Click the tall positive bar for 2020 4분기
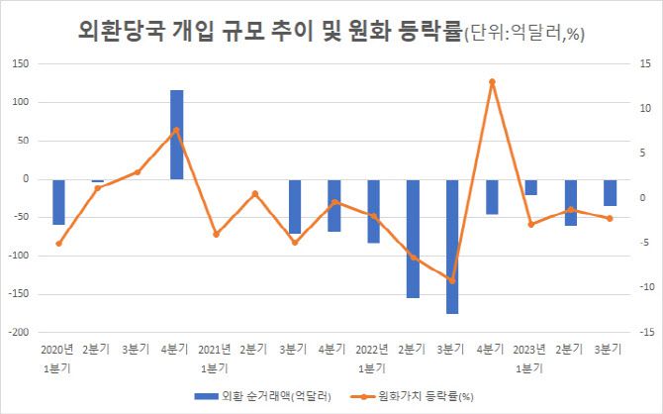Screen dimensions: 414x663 coord(176,135)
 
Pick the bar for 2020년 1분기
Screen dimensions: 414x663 coord(58,202)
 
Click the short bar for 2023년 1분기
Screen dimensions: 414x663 coord(531,187)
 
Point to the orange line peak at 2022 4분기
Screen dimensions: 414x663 coord(492,81)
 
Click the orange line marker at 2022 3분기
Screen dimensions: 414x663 coord(452,280)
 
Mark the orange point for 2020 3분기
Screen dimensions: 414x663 coord(138,172)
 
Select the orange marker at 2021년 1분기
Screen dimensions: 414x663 coord(216,234)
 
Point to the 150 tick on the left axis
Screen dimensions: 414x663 coord(20,63)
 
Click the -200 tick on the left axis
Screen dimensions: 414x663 coord(18,333)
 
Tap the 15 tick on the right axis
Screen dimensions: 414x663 coord(643,63)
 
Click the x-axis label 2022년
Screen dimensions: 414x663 coord(373,349)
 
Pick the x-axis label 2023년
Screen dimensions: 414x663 coord(530,349)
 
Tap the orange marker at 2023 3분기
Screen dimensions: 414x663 coord(610,218)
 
